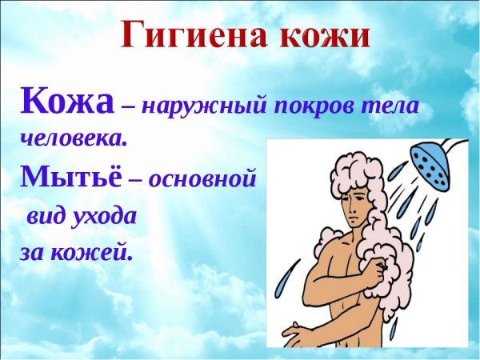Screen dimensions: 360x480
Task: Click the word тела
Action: click(x=391, y=106)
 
